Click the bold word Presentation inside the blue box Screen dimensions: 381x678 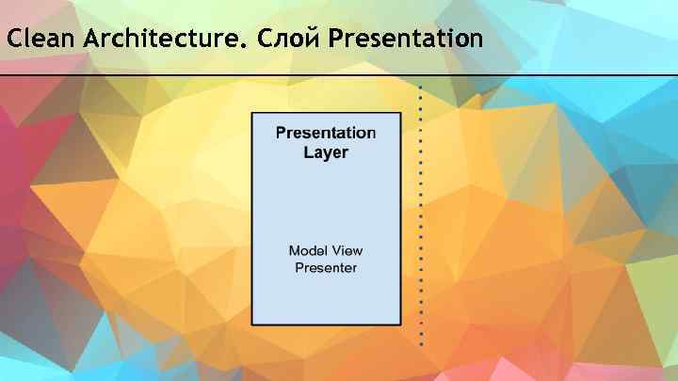326,133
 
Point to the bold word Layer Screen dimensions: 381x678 326,152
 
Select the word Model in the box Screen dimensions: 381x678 308,250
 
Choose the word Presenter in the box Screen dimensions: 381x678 326,268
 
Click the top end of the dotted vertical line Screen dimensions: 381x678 421,87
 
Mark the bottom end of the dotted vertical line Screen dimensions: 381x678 421,343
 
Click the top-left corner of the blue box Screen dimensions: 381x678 251,113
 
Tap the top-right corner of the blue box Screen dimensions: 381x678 402,113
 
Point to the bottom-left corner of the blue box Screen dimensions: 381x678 251,325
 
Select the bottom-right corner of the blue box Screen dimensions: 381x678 402,325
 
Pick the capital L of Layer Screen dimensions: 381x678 308,152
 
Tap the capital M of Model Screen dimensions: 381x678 295,250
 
